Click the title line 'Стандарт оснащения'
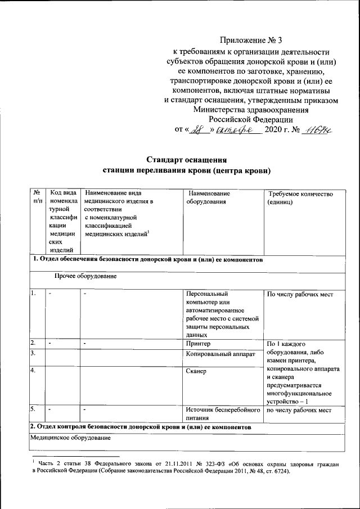186,157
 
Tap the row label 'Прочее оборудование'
85,276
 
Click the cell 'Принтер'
197,343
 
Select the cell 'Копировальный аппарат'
220,354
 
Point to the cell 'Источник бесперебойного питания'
222,414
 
